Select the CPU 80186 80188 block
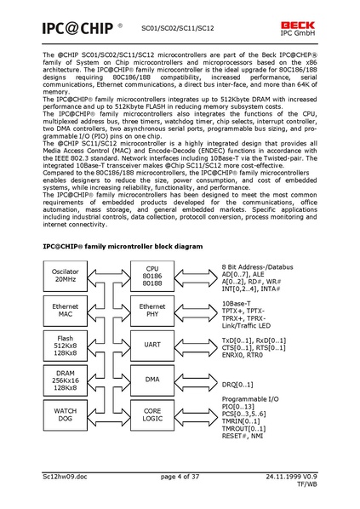coord(152,274)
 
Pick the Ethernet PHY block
coord(152,312)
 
